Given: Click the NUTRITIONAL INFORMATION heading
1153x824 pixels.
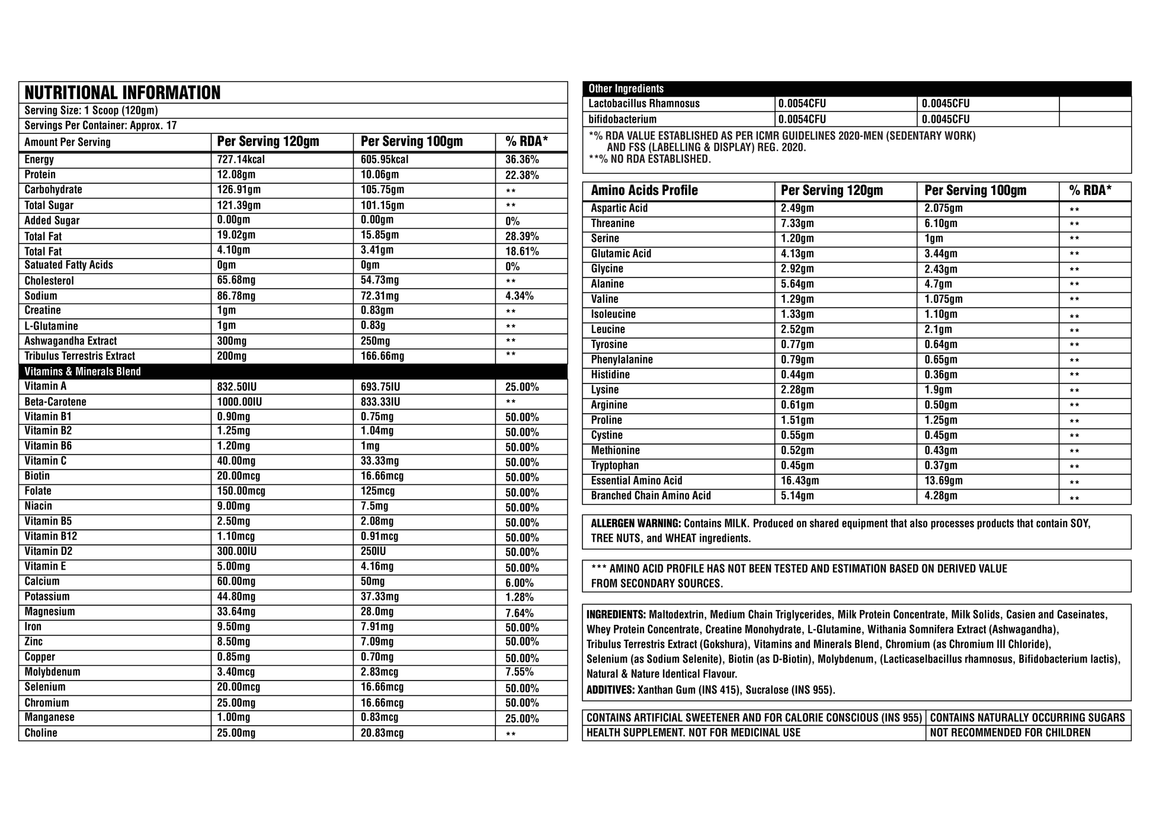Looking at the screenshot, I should (122, 93).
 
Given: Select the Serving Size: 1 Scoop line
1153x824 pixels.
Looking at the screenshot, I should (91, 111).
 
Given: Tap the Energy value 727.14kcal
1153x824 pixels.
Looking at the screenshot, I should (241, 159).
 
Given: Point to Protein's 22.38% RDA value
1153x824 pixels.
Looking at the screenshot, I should (521, 175).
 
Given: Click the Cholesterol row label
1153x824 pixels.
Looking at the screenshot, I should (49, 281).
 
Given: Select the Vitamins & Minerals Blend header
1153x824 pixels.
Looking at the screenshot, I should (82, 372).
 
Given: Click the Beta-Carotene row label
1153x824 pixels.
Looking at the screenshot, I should (55, 402).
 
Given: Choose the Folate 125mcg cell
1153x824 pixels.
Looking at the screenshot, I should (377, 491).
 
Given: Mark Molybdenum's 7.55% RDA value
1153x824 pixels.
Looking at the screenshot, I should (519, 672).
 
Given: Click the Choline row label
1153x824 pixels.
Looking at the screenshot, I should (41, 733).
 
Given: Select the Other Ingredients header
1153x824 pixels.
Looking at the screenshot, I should (626, 89).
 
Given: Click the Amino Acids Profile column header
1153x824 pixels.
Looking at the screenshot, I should (644, 191).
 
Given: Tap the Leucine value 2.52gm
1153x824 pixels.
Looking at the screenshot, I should (797, 330).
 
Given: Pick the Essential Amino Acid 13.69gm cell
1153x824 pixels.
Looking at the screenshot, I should (943, 481).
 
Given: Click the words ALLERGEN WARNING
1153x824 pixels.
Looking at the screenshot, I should (636, 524).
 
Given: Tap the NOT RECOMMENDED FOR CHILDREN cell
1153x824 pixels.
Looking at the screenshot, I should (1010, 733).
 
